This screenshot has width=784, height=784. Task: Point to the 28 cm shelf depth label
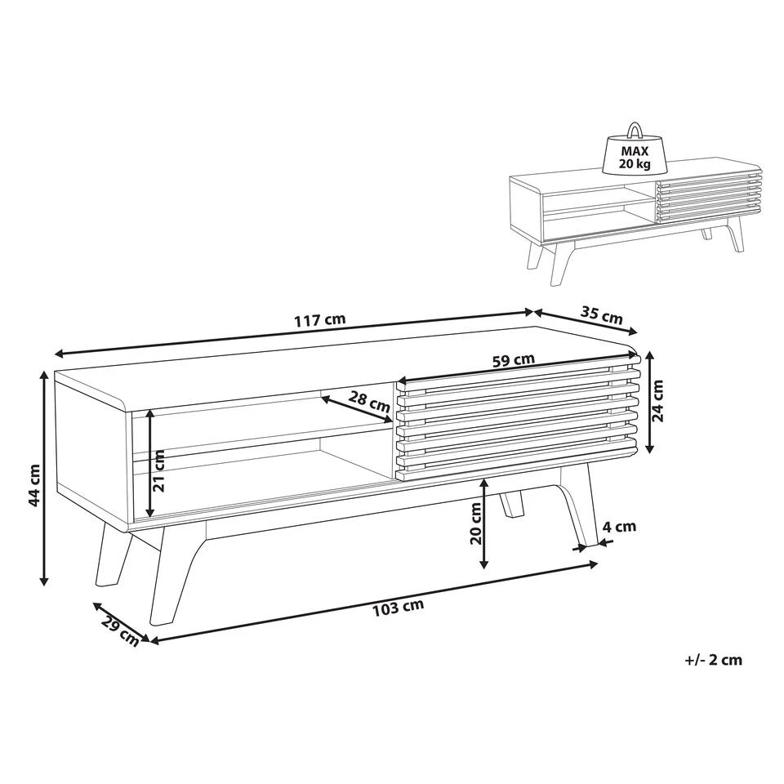point(369,402)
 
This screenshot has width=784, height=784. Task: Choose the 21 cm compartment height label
point(159,470)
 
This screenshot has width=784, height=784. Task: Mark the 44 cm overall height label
point(33,484)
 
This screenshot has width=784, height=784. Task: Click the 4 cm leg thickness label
point(619,527)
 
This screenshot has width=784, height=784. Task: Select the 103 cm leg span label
point(398,607)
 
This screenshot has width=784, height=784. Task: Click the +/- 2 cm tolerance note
point(714,660)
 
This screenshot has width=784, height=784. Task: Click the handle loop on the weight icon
point(635,129)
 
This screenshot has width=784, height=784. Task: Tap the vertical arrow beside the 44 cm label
point(44,477)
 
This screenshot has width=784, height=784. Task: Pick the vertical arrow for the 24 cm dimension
point(649,402)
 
